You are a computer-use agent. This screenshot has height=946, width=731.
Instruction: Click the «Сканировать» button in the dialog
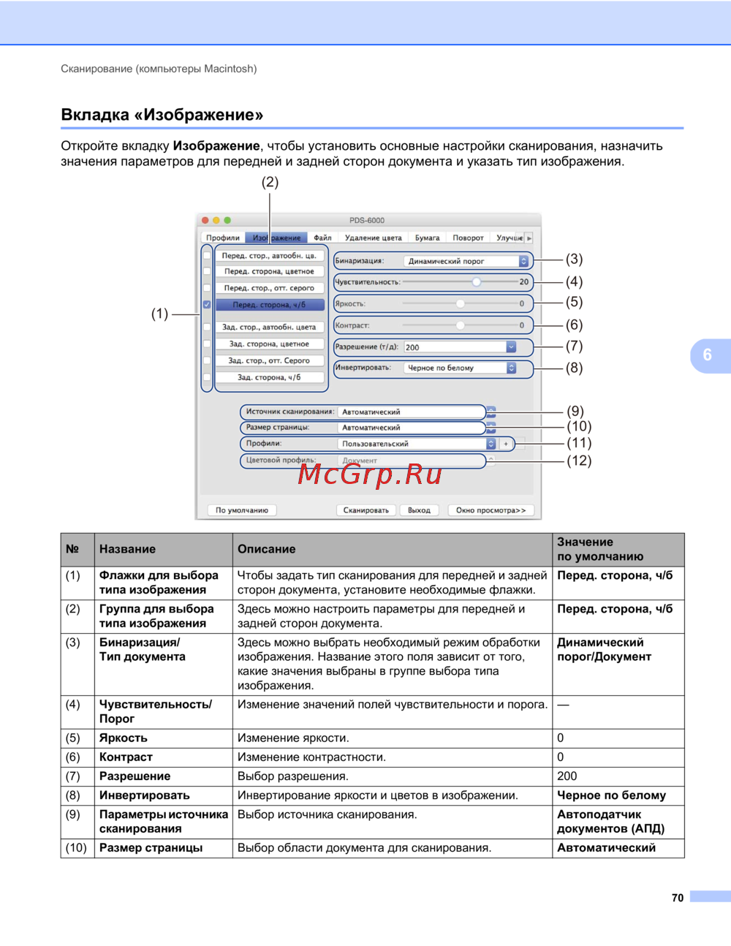tap(366, 510)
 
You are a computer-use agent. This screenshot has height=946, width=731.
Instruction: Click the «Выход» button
tap(419, 510)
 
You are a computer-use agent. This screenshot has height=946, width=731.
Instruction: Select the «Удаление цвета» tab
tap(373, 238)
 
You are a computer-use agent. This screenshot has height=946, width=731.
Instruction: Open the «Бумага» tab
tap(427, 238)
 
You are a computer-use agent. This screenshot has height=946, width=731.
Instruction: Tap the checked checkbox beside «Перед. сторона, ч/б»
tap(207, 305)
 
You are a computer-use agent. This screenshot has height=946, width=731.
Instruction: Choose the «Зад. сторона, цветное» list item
tap(269, 344)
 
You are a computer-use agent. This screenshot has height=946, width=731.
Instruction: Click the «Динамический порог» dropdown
tap(466, 261)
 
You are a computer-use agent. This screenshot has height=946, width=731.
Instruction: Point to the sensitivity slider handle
tap(477, 281)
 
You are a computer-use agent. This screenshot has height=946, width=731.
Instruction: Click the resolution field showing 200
tap(461, 347)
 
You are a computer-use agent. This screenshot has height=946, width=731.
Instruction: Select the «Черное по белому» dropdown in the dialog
tap(461, 368)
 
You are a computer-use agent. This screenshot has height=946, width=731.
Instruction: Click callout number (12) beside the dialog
tap(579, 461)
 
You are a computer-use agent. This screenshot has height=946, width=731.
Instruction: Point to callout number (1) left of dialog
tap(159, 314)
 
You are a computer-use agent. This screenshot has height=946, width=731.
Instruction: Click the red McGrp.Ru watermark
tap(370, 474)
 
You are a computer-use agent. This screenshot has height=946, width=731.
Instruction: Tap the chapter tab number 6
tap(708, 355)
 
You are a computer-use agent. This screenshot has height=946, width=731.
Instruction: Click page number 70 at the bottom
tap(678, 898)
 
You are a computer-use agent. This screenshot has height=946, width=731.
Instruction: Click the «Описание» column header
tap(267, 549)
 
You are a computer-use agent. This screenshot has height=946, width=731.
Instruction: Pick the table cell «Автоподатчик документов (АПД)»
tap(611, 822)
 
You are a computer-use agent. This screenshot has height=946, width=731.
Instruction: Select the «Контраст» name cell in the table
tap(126, 757)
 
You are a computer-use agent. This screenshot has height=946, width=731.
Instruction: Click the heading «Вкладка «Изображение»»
tap(162, 115)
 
